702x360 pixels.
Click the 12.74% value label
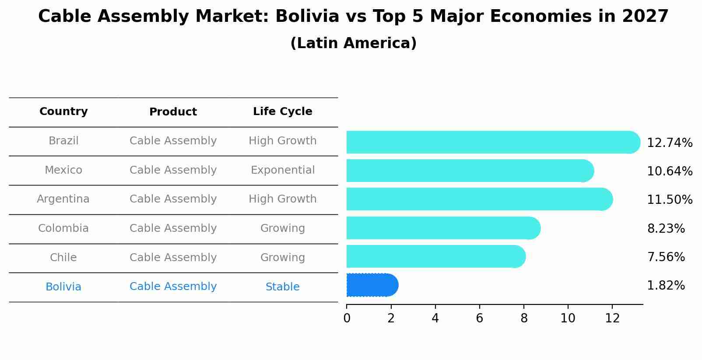pos(669,143)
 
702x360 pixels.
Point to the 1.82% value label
pos(666,286)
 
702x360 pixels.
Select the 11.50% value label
pos(669,200)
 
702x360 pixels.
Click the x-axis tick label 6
pos(479,318)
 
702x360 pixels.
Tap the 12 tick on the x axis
pos(612,318)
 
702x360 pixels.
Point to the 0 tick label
pos(347,318)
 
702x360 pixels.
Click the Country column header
pos(63,112)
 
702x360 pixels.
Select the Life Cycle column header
pos(282,112)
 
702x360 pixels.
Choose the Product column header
pos(173,112)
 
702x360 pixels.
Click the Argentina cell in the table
pos(63,199)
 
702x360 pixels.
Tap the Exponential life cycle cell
pos(282,170)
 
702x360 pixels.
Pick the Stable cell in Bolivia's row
pos(282,287)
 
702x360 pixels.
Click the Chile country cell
pos(63,258)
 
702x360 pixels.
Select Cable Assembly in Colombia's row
pos(173,228)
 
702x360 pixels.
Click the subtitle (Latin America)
pos(353,43)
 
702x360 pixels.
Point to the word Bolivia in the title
pos(307,17)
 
